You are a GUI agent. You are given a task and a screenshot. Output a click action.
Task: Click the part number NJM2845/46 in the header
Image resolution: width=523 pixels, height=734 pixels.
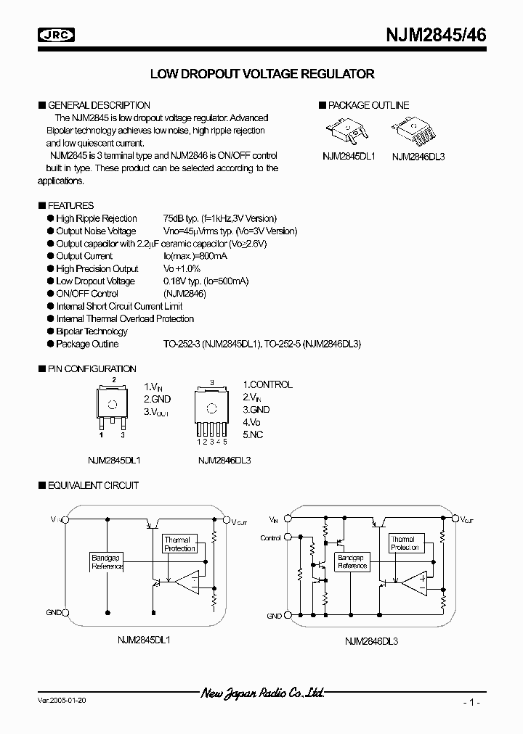[436, 34]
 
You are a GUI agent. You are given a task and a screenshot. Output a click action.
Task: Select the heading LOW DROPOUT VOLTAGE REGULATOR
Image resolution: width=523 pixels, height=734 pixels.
[262, 74]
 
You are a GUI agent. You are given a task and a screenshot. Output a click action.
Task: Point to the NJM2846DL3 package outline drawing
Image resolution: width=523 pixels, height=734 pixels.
[415, 133]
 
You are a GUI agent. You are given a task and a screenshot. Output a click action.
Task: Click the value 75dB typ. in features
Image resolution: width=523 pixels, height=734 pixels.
[184, 218]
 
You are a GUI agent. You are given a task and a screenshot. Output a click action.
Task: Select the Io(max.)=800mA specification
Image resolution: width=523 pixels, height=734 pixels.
[194, 256]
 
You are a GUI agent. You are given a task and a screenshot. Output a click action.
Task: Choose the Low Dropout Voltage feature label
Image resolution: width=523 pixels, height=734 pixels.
[95, 281]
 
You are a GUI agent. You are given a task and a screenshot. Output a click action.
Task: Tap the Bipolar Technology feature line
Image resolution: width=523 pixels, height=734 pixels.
[92, 331]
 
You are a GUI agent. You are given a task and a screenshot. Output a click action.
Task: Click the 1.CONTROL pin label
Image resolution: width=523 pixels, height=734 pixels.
[267, 384]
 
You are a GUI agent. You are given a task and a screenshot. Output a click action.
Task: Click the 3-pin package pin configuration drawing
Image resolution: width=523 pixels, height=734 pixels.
[113, 408]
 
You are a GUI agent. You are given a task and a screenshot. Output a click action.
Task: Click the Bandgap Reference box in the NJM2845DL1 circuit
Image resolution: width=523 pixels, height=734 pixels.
[107, 561]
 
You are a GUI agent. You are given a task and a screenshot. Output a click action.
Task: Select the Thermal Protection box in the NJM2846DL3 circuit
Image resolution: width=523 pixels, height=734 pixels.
[404, 543]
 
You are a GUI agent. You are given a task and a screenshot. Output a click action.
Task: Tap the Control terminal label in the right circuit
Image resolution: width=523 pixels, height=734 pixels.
[270, 538]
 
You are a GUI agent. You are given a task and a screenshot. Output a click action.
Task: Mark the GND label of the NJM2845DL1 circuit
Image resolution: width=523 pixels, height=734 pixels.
[55, 613]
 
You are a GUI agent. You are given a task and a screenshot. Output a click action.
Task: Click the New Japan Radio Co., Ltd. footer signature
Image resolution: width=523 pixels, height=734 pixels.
[262, 693]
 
